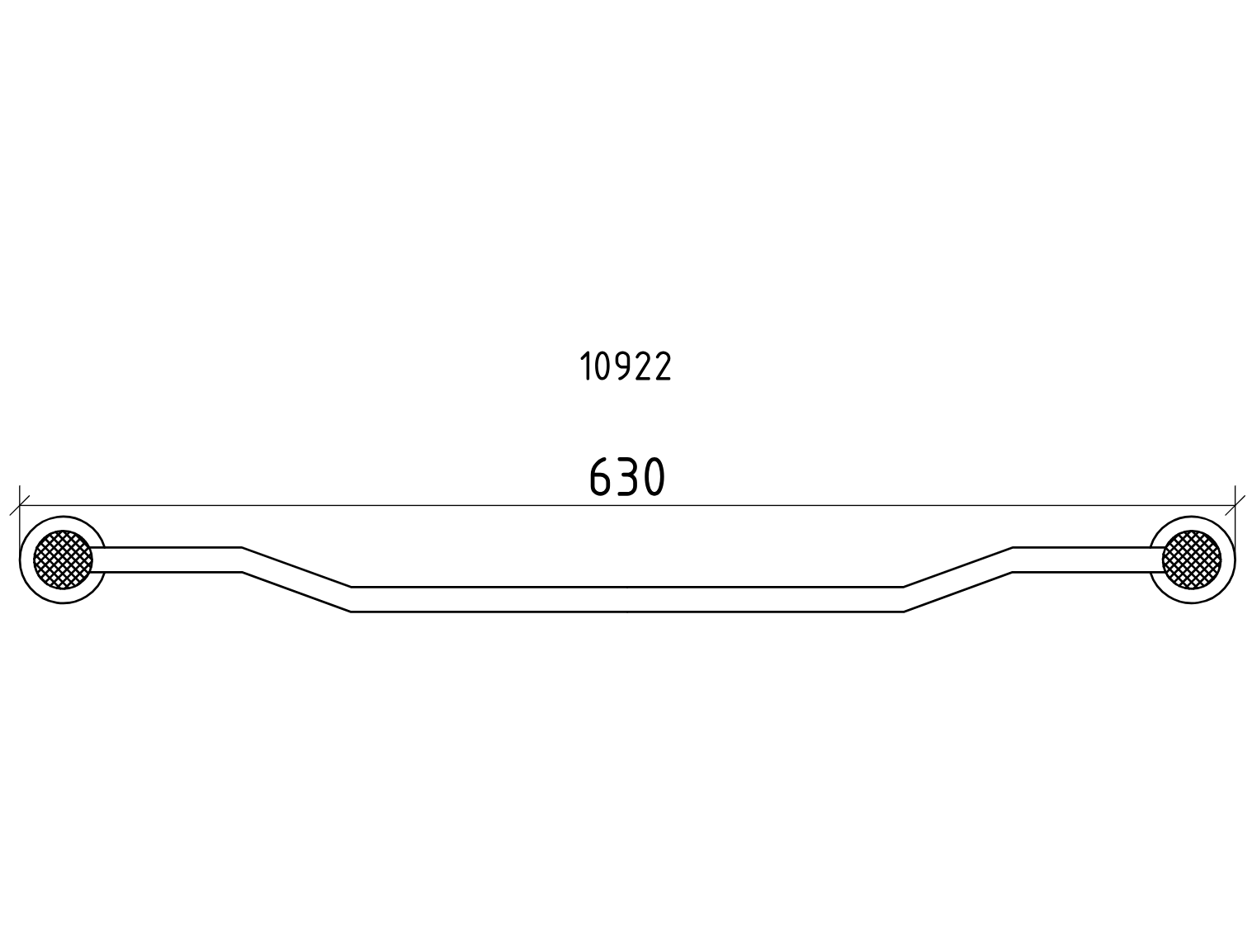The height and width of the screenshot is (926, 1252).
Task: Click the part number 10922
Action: click(x=626, y=366)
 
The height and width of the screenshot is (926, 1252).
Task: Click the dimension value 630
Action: click(x=627, y=476)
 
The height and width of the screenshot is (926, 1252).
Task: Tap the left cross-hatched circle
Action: click(x=63, y=560)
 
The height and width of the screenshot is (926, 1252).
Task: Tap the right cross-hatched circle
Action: click(x=1192, y=560)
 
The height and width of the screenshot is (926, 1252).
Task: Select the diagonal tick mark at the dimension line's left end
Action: click(x=19, y=505)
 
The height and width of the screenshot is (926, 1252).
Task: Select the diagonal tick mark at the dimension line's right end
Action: click(x=1235, y=505)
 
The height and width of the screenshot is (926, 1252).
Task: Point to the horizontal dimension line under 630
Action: click(x=627, y=505)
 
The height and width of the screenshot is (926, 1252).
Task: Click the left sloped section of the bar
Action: click(x=297, y=579)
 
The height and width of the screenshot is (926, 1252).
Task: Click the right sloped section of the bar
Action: click(x=958, y=579)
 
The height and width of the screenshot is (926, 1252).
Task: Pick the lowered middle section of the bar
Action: click(x=627, y=600)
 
